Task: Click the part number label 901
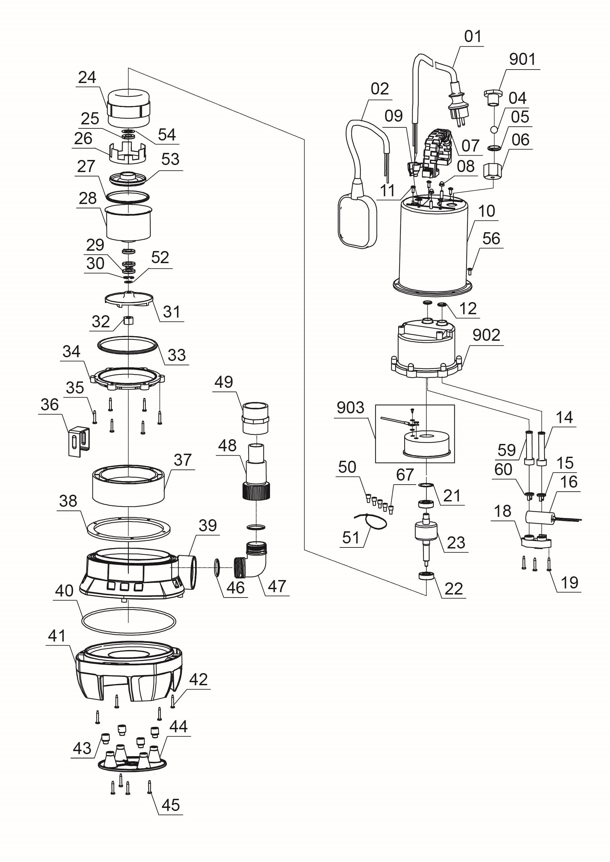[x=522, y=59]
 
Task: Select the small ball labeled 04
[x=494, y=129]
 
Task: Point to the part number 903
[x=350, y=407]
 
